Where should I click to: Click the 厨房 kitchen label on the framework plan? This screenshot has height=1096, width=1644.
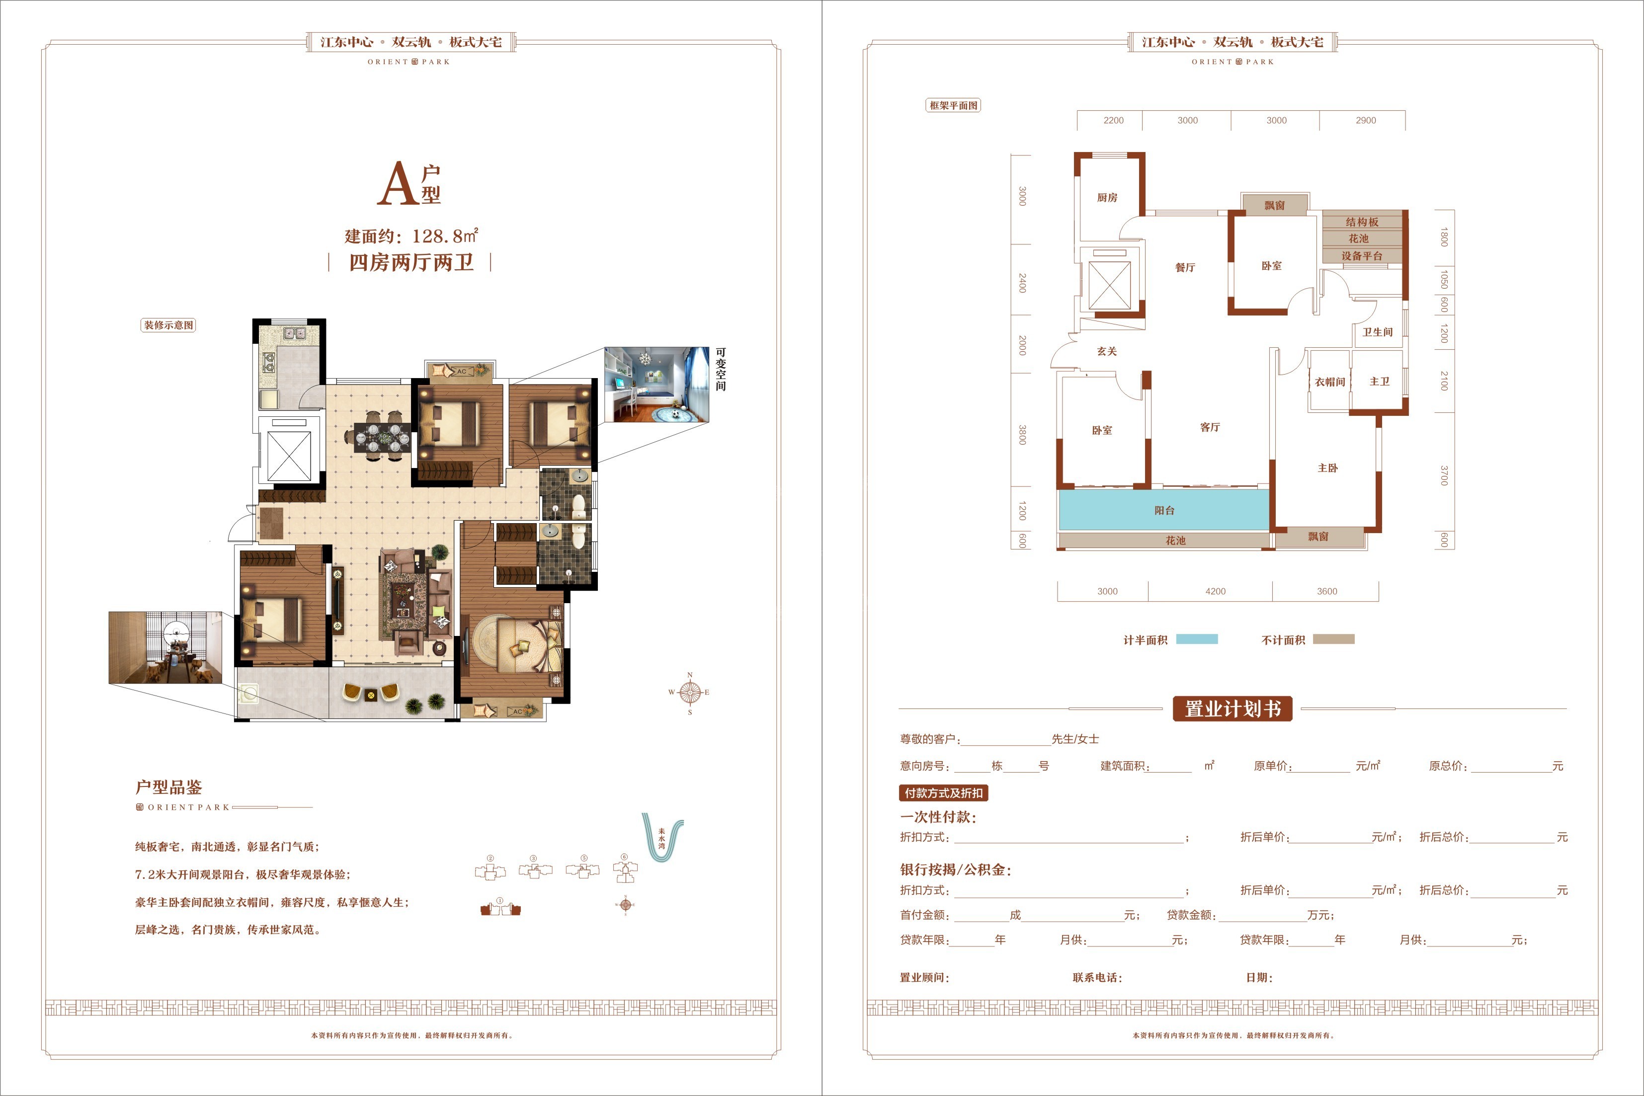point(1107,198)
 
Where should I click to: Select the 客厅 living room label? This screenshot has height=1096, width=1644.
point(1210,427)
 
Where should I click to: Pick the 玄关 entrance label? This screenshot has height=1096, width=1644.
point(1106,351)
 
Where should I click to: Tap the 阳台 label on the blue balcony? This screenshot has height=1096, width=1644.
point(1164,510)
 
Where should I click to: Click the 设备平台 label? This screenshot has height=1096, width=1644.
point(1362,256)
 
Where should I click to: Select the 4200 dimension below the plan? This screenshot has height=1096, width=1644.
point(1216,591)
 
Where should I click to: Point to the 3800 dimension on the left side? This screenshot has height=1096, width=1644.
point(1023,435)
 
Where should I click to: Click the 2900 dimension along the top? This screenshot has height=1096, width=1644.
point(1366,120)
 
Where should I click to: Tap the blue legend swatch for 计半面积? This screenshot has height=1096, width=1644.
point(1197,639)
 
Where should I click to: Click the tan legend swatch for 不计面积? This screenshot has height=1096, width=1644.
point(1334,639)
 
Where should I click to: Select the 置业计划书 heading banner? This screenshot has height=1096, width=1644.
point(1233,709)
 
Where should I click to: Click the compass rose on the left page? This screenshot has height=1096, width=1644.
point(690,693)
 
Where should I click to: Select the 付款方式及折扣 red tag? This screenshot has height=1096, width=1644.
point(944,792)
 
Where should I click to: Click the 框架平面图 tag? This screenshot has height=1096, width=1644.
point(953,105)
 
